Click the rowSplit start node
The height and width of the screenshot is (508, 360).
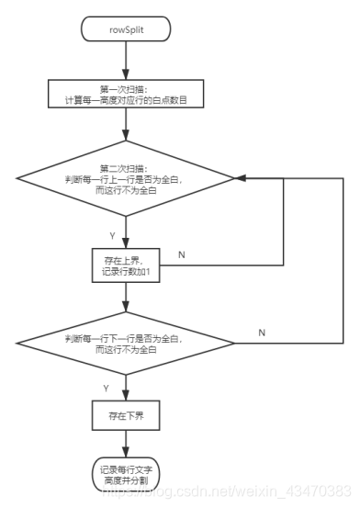[126, 29]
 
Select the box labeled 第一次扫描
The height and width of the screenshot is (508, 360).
[126, 94]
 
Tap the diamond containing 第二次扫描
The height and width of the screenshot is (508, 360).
[126, 178]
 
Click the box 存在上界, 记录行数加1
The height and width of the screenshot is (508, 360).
[126, 265]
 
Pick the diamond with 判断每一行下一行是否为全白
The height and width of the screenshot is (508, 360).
[126, 344]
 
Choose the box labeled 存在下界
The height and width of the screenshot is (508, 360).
[126, 415]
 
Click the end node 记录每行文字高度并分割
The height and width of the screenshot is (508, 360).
[126, 475]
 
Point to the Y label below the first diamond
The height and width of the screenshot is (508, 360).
[112, 236]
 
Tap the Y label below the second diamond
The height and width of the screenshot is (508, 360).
[106, 389]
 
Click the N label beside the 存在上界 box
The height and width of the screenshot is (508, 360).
[182, 255]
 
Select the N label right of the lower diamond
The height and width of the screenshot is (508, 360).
[262, 333]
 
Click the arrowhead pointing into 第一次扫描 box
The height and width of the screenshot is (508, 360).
[126, 74]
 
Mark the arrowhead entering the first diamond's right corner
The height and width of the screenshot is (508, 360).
[240, 178]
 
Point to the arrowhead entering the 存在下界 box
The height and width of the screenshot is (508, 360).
[126, 396]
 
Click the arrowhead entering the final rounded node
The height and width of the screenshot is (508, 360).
[126, 452]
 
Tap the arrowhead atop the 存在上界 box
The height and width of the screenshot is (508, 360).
[126, 243]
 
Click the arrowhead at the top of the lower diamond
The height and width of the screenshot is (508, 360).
[126, 307]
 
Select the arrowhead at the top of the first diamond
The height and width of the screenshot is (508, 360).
[126, 135]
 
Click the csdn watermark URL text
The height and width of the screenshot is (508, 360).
[227, 491]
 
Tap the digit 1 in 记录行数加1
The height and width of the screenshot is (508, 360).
[148, 272]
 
